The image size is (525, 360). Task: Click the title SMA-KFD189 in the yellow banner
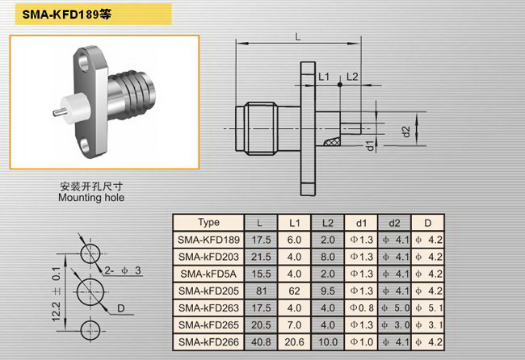coord(61,15)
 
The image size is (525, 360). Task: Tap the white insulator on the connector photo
coord(73,109)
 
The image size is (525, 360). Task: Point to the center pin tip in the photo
coord(55,113)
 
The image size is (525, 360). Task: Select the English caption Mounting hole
coord(91,198)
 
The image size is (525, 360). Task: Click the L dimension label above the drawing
coord(298,36)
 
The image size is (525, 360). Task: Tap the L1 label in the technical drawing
coord(323,77)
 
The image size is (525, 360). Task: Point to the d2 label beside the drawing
coord(406,132)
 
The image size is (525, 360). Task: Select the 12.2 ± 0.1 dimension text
coord(57,294)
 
